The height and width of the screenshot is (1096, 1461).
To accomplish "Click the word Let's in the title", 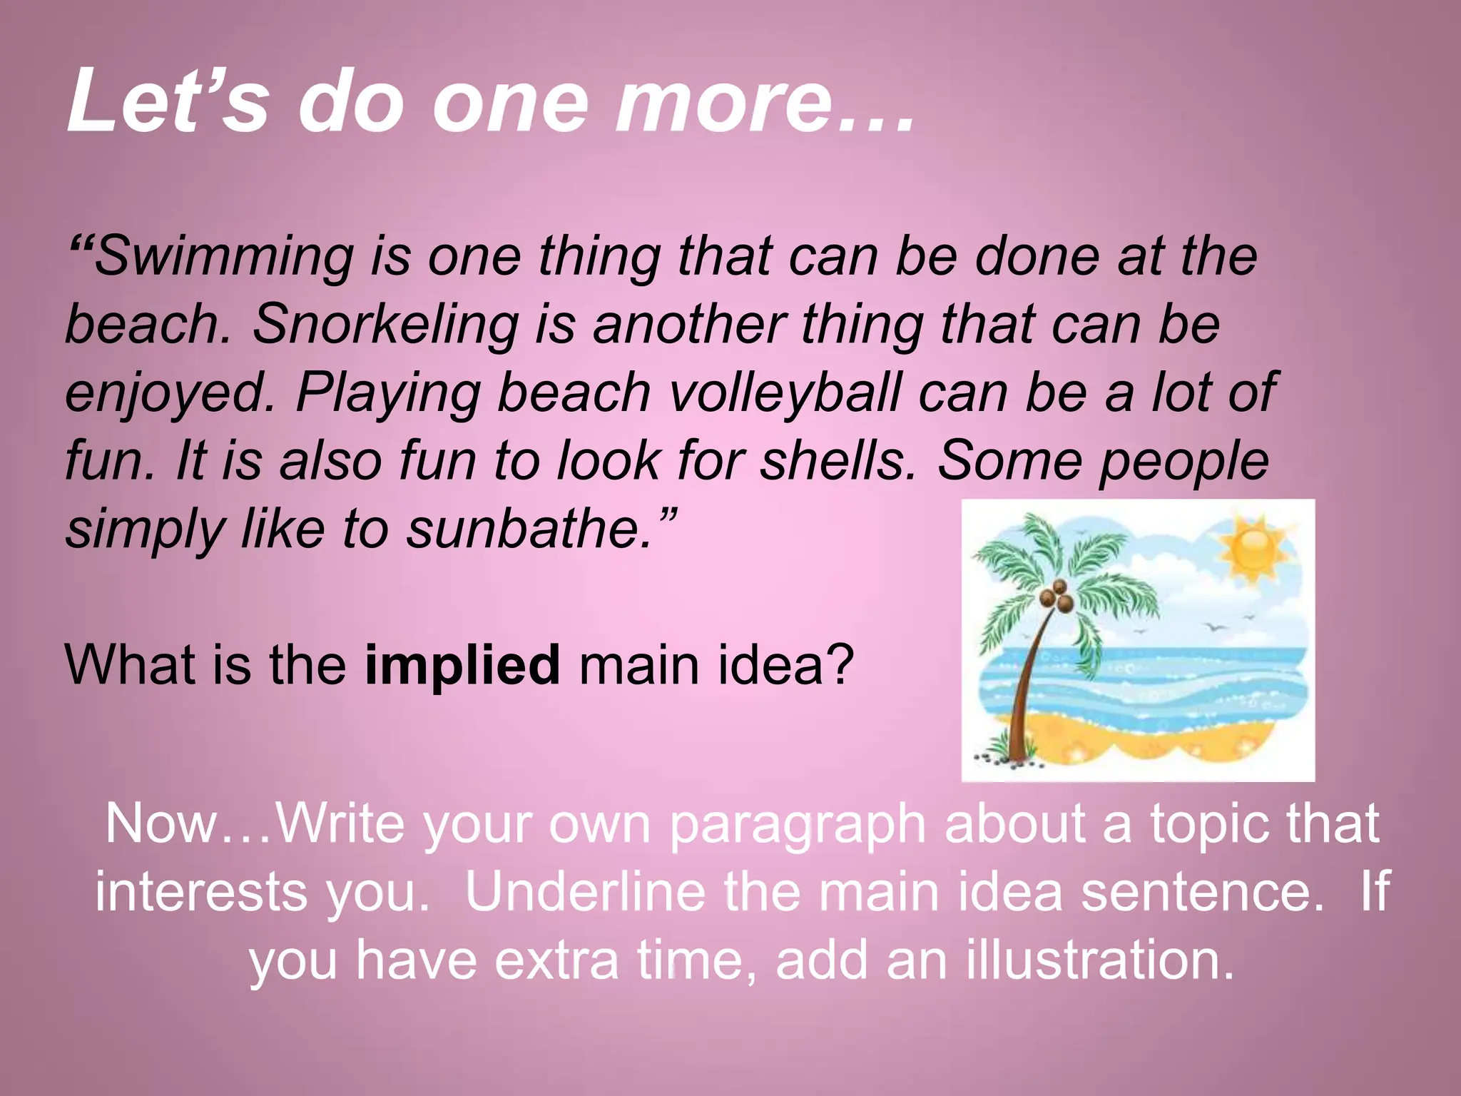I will pyautogui.click(x=168, y=101).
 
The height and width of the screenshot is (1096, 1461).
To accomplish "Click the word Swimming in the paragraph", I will pyautogui.click(x=223, y=257).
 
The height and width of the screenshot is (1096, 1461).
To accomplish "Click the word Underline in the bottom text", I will pyautogui.click(x=586, y=892).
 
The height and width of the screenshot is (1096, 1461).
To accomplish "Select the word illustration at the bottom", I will pyautogui.click(x=1099, y=960).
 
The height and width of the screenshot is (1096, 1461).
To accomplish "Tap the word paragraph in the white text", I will pyautogui.click(x=798, y=825).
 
